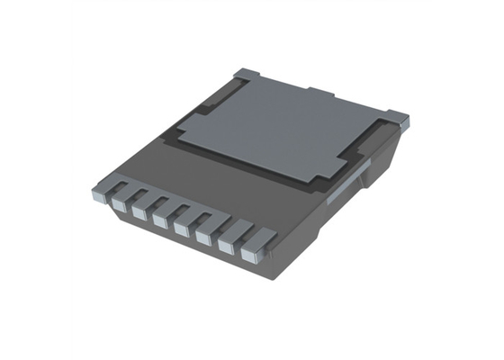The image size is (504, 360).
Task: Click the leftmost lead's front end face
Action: point(101,194)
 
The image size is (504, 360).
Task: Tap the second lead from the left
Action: point(121,204)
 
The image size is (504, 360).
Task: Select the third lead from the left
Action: point(141,213)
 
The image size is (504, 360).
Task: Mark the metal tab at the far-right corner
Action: point(398,118)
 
